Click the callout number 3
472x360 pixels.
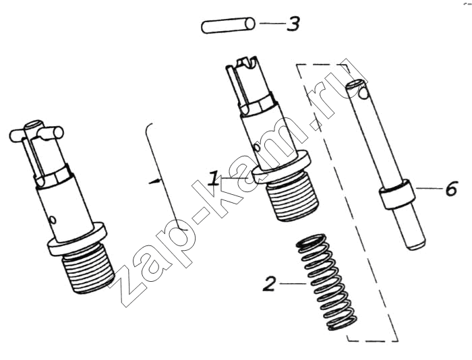pos(293,24)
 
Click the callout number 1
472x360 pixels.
pos(214,179)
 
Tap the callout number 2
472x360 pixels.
pos(270,284)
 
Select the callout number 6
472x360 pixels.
pos(451,189)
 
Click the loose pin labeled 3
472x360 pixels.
pos(228,25)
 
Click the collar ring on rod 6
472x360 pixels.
pos(397,194)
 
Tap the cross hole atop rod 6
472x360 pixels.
pos(363,94)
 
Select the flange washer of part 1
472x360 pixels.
pos(279,167)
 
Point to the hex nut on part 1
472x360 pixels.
pos(258,106)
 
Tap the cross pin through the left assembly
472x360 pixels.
pos(36,132)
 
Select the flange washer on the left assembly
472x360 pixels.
pos(77,239)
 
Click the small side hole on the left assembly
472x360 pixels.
pos(53,220)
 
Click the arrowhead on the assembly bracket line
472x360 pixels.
pos(154,181)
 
